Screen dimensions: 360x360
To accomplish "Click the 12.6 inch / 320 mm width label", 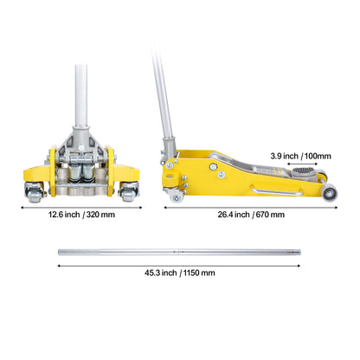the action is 81,215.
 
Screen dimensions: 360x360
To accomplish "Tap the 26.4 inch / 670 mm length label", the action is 251,215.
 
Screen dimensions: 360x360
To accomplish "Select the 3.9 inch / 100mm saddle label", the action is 300,156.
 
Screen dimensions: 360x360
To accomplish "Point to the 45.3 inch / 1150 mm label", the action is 180,273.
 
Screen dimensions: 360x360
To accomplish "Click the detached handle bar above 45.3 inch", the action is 179,252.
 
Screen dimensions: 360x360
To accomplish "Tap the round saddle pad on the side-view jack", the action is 303,170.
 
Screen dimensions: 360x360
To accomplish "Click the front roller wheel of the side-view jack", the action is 330,194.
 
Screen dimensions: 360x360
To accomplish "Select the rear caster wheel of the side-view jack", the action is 176,197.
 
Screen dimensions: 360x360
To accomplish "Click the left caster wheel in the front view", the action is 35,192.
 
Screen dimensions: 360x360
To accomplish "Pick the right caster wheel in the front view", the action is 129,192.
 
